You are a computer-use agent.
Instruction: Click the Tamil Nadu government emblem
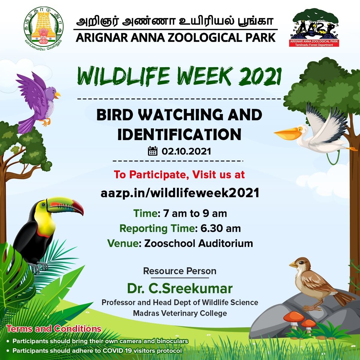[43, 28]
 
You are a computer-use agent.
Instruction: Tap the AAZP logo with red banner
[314, 28]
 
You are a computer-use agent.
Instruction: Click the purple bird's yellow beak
[57, 95]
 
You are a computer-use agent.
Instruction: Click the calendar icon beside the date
[153, 151]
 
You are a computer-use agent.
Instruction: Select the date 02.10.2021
[186, 151]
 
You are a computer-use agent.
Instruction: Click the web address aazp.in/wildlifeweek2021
[180, 193]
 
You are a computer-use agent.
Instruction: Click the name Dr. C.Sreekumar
[180, 289]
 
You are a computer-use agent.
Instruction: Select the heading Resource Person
[180, 271]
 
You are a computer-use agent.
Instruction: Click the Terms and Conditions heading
[54, 329]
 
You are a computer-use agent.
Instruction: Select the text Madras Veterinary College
[180, 313]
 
